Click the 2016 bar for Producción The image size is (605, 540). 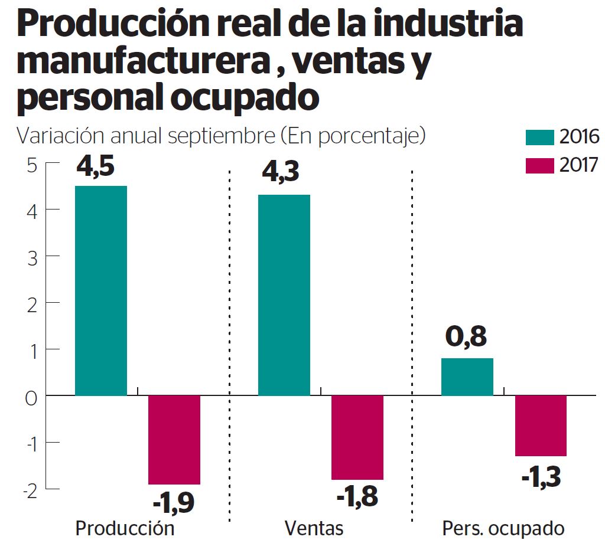coord(101,290)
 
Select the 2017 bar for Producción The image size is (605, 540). coord(174,440)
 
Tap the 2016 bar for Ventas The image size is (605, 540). coord(284,295)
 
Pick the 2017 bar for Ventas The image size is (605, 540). coord(357,437)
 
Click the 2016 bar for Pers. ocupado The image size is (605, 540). coord(467,377)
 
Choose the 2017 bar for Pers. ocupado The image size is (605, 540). coord(541,426)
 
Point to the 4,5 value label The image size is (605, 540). coord(96,167)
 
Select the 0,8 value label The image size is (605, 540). coord(467,338)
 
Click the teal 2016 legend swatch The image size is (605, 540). coord(540,138)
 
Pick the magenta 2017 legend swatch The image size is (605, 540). coord(540,165)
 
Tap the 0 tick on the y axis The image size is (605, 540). coord(31,396)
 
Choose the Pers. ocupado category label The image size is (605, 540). coord(503,526)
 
